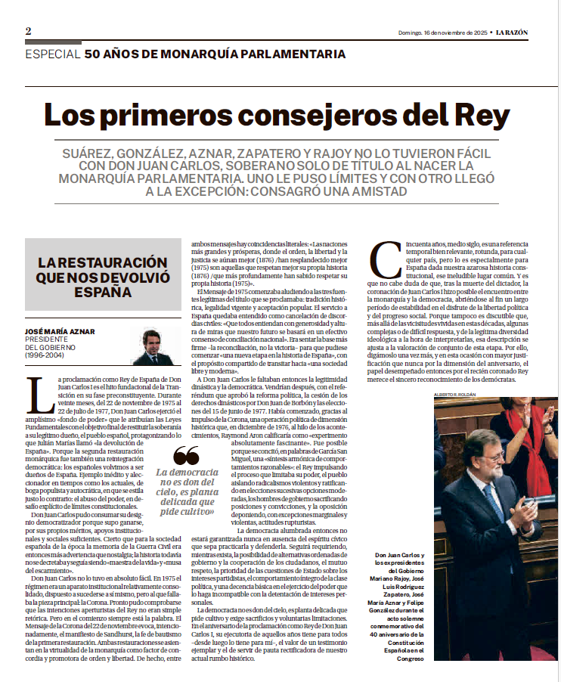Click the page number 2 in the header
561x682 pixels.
(28, 31)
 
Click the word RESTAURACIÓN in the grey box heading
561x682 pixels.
(102, 262)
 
